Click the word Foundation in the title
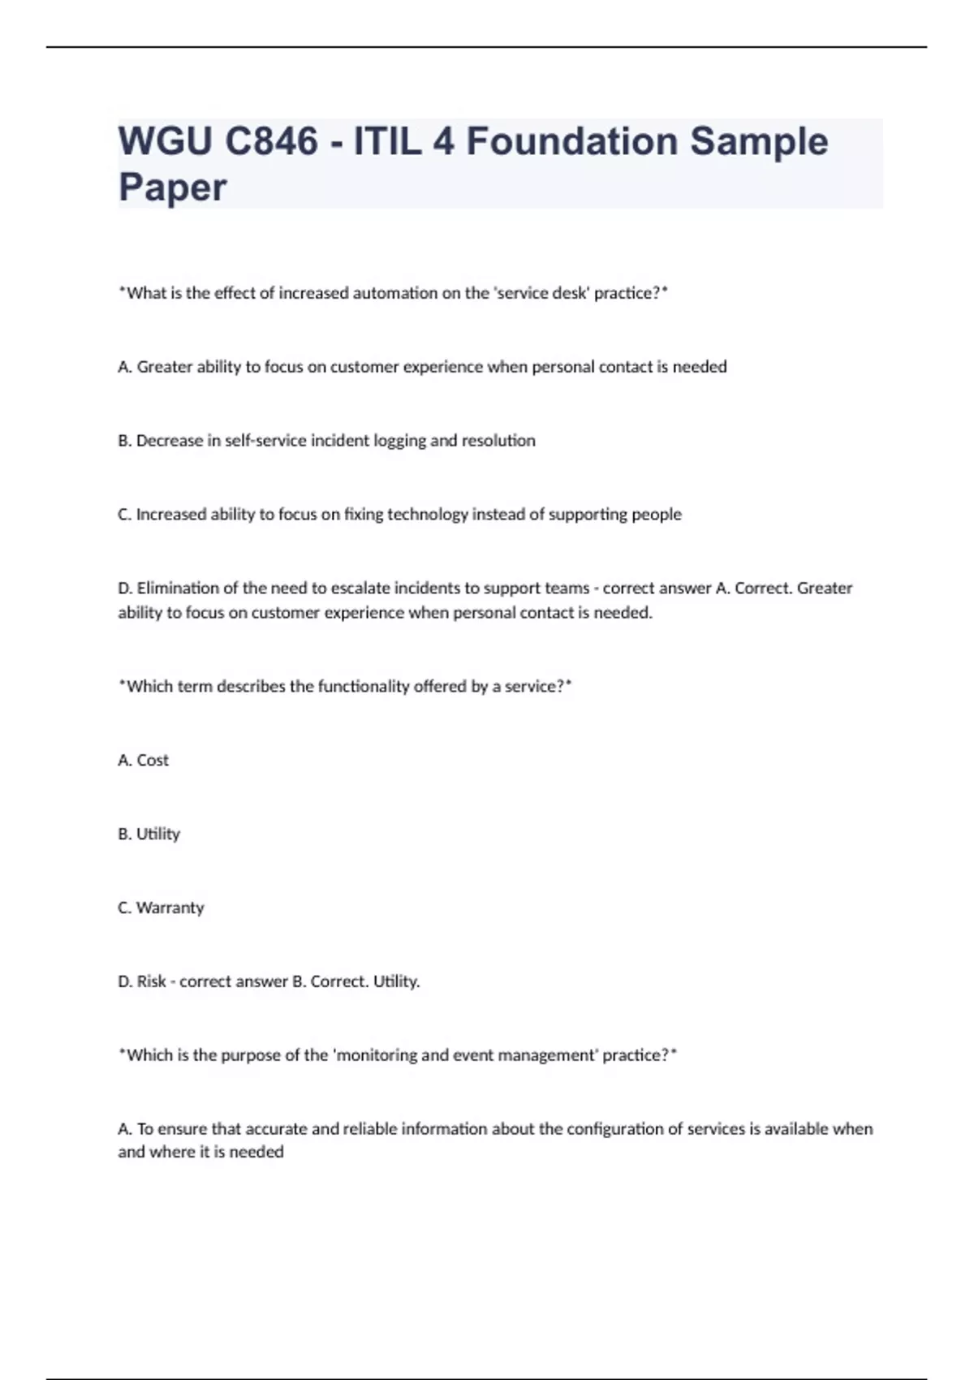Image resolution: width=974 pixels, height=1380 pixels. tap(571, 141)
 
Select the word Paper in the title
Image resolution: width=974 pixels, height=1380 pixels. tap(172, 188)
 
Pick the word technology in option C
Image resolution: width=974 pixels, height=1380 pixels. tap(428, 515)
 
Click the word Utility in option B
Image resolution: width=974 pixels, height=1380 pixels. tap(158, 834)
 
